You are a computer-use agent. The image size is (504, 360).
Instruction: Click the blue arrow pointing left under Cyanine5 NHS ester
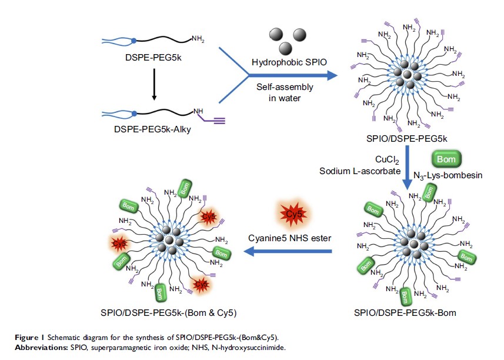[288, 252]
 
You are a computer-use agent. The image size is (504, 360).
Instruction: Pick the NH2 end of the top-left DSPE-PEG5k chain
[198, 39]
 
